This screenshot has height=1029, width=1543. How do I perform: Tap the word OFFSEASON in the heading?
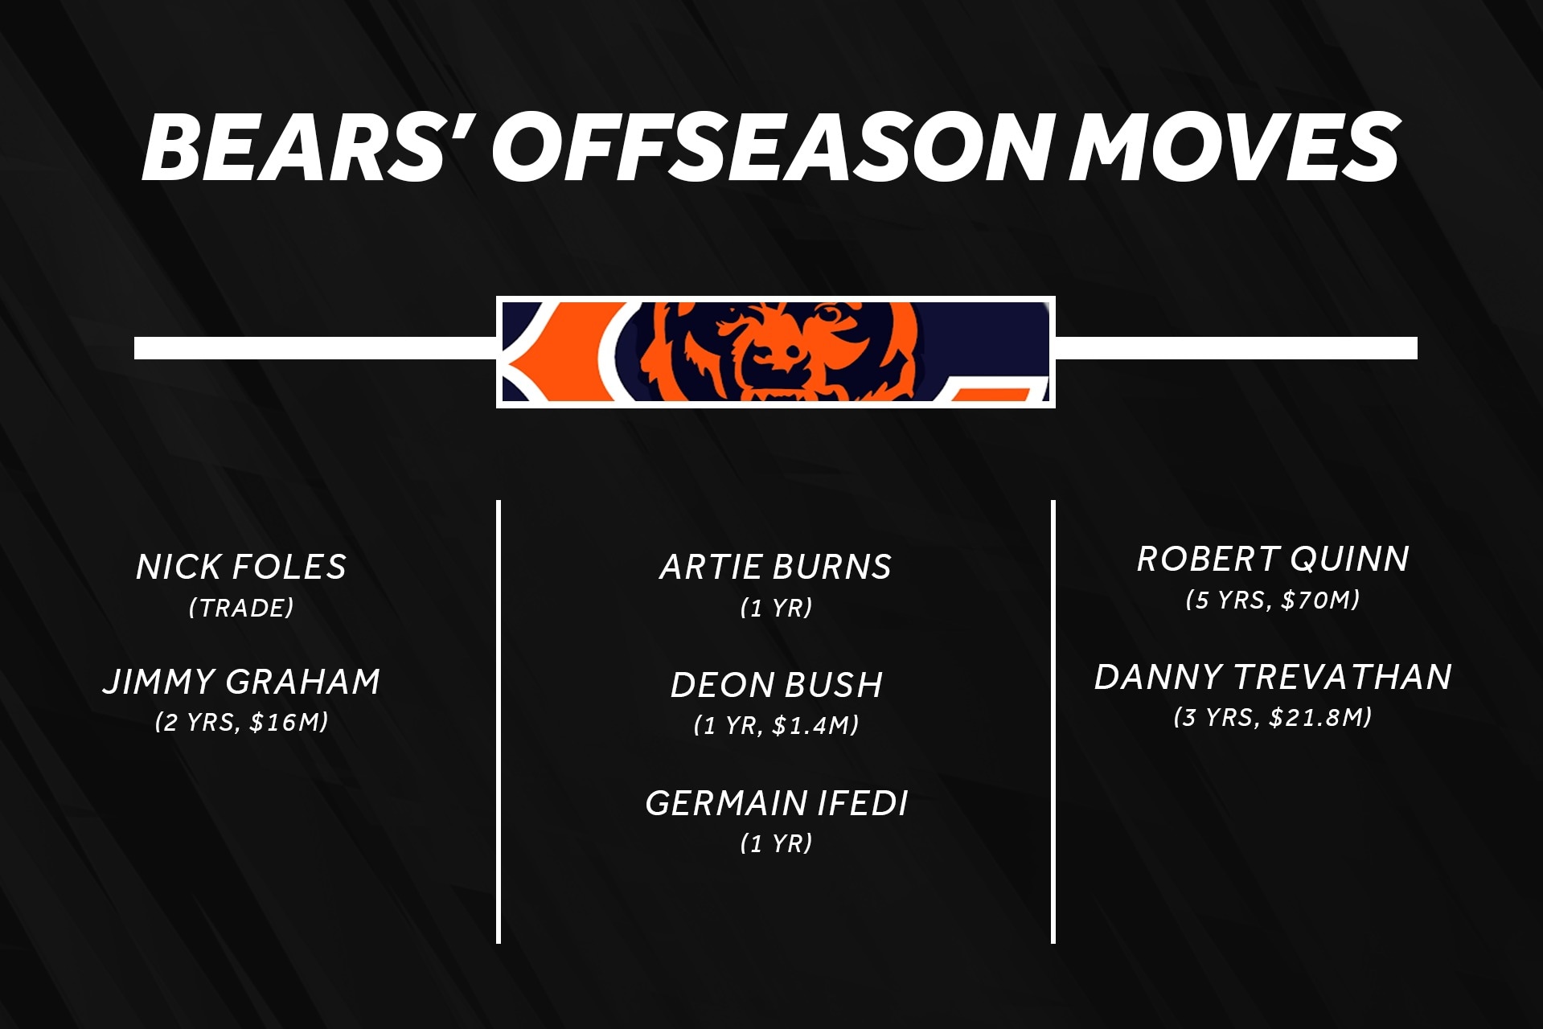click(x=773, y=147)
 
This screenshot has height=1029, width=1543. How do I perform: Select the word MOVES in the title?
click(x=1233, y=147)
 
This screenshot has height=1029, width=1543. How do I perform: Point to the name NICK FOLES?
click(x=241, y=567)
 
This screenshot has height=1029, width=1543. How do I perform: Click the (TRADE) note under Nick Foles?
click(x=241, y=608)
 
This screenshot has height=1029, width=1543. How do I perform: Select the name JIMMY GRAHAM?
click(x=241, y=682)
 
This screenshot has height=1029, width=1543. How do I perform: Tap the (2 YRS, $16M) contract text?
click(x=241, y=722)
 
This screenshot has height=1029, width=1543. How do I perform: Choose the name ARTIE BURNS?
click(x=776, y=567)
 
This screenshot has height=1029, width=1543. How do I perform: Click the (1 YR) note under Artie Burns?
click(x=776, y=608)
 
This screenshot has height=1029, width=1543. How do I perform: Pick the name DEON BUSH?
click(x=777, y=685)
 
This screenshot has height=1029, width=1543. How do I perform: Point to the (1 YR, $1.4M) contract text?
click(x=776, y=725)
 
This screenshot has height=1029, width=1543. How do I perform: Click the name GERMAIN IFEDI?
click(x=777, y=803)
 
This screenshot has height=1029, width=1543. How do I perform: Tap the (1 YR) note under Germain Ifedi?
click(x=776, y=843)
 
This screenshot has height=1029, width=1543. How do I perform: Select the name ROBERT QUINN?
click(x=1273, y=559)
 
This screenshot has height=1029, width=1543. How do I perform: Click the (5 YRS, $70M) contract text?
click(x=1273, y=600)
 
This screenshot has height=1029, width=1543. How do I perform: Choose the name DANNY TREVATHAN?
click(x=1273, y=677)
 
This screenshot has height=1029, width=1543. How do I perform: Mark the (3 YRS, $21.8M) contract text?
click(x=1273, y=717)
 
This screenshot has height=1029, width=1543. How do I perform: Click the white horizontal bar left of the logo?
click(x=315, y=348)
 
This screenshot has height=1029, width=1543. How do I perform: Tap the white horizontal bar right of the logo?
click(x=1236, y=348)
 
